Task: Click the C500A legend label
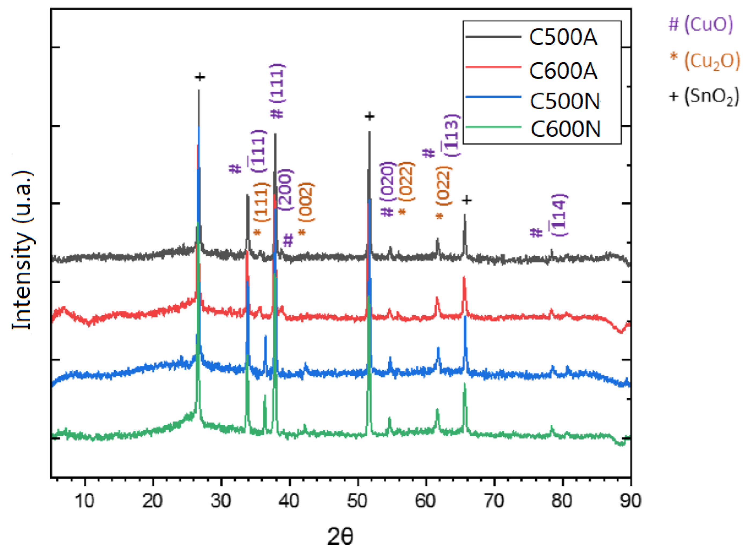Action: pos(563,37)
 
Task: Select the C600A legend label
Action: pos(563,71)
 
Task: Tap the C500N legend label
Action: pos(565,101)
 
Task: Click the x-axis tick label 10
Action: pos(85,501)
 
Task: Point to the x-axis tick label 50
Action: pos(357,501)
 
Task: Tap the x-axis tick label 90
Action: pos(630,501)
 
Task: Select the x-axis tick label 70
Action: pos(494,501)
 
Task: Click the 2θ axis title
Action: pos(340,536)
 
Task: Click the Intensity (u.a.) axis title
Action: pos(23,251)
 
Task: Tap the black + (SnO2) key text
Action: pos(704,97)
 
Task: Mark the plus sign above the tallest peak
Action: pos(200,77)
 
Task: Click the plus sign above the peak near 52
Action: pos(369,117)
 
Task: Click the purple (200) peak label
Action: pos(286,190)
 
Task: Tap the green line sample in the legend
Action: pos(493,127)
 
